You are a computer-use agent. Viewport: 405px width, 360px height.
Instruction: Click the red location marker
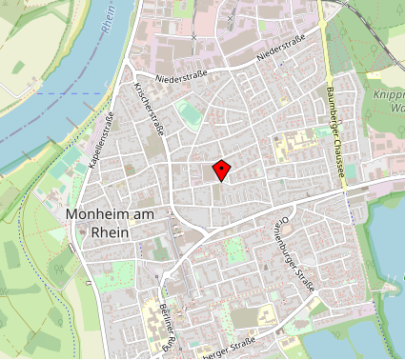click(x=221, y=170)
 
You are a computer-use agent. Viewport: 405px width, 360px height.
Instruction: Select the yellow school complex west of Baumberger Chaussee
click(x=294, y=146)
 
